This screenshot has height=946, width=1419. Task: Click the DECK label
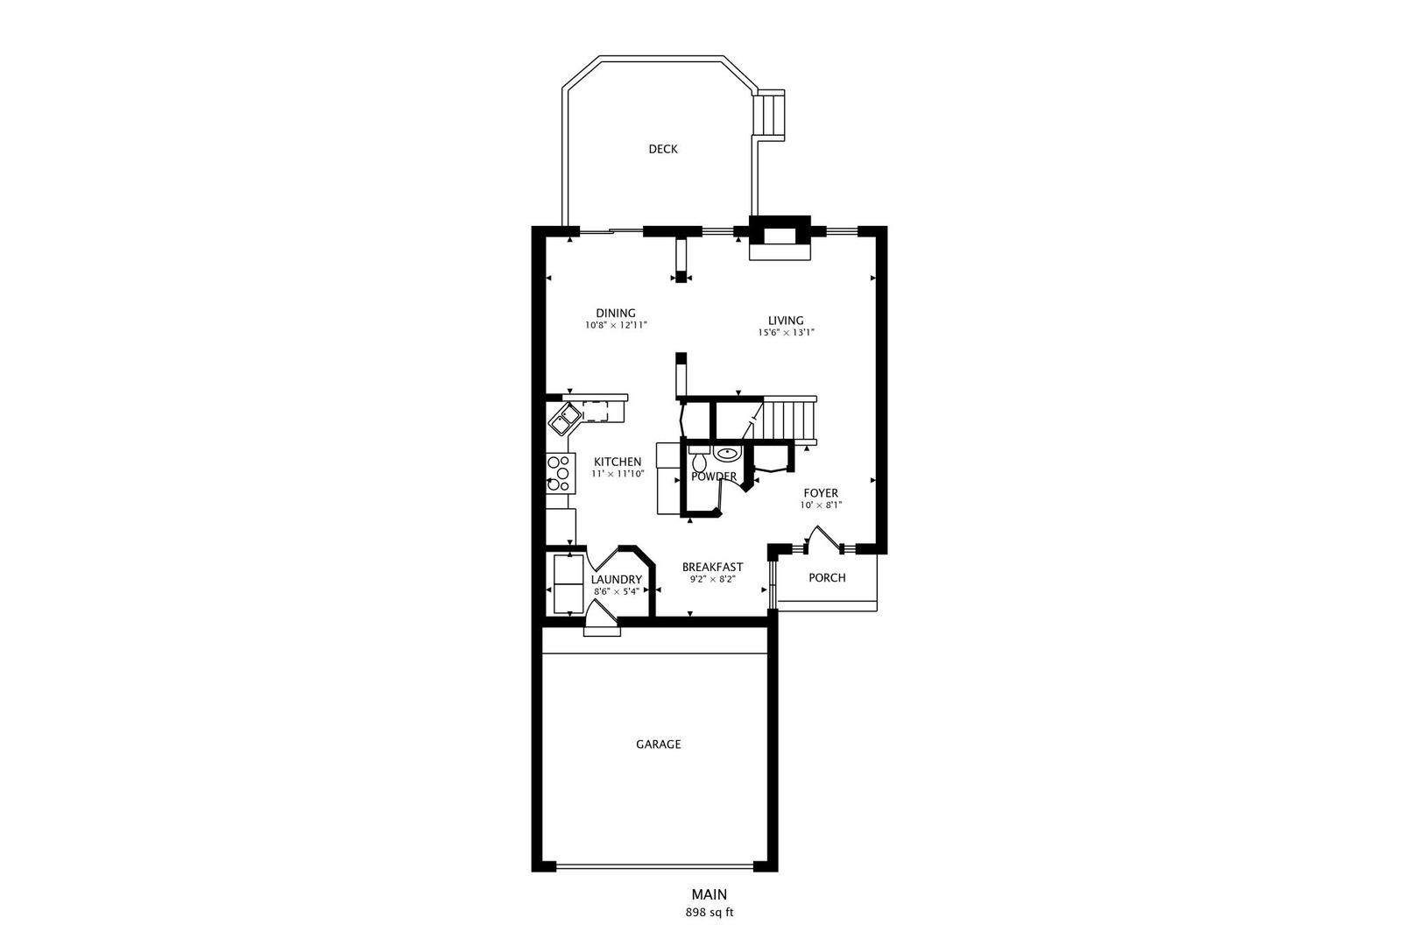pos(662,149)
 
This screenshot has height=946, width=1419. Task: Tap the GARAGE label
pos(658,744)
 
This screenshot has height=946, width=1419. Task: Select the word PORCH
pos(827,577)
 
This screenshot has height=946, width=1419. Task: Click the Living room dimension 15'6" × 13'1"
pos(786,332)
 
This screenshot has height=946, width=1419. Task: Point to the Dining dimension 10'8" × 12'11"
pos(616,325)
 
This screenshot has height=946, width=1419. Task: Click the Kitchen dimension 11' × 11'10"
pos(618,473)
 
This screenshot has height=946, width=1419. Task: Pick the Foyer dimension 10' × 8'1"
pos(821,505)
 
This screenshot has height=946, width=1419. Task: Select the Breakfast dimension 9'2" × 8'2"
pos(712,578)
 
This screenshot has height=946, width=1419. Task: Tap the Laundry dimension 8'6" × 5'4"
pos(616,592)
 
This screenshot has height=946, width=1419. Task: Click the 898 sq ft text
pos(709,913)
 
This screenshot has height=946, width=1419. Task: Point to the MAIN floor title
pos(709,894)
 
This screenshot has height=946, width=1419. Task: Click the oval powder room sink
pos(727,454)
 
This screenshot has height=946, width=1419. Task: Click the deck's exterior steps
pos(770,115)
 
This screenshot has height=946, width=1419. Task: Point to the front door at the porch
pos(823,539)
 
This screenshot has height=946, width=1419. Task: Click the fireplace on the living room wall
pos(780,237)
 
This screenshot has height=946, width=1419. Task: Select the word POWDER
pos(714,477)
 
